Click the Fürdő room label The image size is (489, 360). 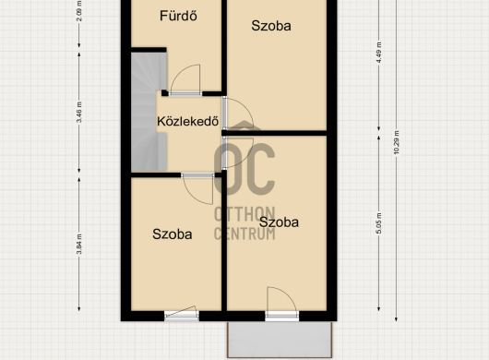tap(178, 16)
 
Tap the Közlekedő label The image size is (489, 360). tap(187, 121)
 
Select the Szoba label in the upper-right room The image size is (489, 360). tap(271, 26)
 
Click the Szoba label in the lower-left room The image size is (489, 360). tap(173, 234)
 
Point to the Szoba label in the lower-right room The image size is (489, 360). tap(279, 222)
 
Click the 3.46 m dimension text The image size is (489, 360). tap(79, 113)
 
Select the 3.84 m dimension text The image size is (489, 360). tap(79, 244)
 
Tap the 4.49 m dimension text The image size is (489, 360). tap(379, 53)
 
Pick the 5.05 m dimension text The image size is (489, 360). tap(379, 223)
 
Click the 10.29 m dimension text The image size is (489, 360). tap(397, 142)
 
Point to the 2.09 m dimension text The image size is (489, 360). tap(79, 10)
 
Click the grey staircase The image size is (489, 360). tap(149, 112)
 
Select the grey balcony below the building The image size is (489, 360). tap(280, 340)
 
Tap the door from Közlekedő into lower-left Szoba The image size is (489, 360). tap(197, 188)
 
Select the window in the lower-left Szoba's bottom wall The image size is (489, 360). tap(182, 314)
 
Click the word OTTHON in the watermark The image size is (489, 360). tap(244, 214)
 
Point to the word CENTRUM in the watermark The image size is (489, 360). tap(244, 234)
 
